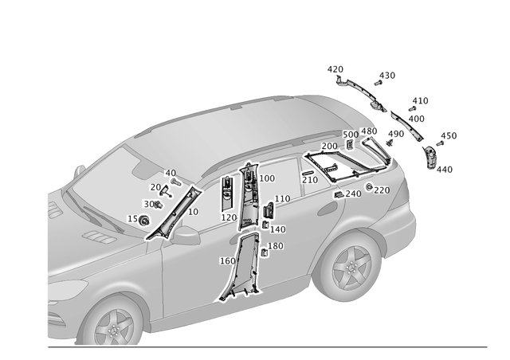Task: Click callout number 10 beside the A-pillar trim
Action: point(193,212)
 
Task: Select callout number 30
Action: point(148,204)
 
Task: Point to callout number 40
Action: point(170,173)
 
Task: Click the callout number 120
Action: point(229,217)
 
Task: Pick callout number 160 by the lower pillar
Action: point(227,260)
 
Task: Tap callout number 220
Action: point(382,190)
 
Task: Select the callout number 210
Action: point(311,181)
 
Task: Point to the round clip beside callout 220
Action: point(370,186)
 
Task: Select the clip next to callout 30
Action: point(157,205)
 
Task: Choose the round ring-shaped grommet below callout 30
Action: point(144,220)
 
